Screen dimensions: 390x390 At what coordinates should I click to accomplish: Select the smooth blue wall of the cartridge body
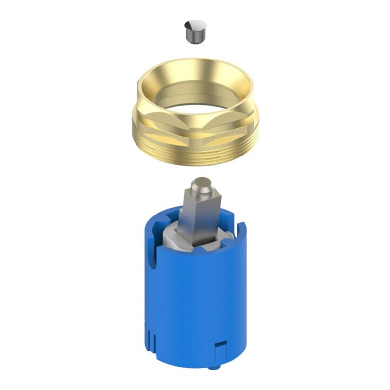pyautogui.click(x=195, y=302)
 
